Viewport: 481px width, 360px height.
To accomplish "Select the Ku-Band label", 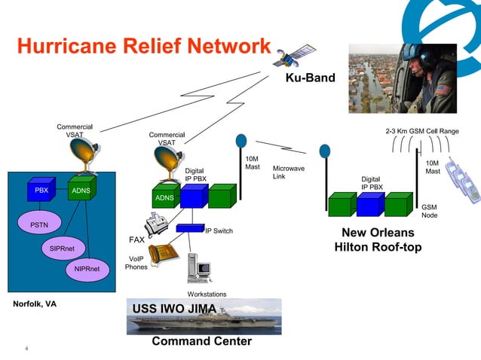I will [x=309, y=78].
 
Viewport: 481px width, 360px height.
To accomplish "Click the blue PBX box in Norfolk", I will [x=41, y=191].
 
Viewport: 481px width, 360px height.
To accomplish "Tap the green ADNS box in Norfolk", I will [x=81, y=191].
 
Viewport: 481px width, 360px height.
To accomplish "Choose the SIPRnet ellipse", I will [x=61, y=248].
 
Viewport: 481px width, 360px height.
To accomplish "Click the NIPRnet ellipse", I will [x=86, y=267].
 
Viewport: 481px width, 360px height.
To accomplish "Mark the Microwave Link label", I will [x=289, y=172].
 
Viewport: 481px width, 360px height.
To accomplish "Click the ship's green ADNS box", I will [x=165, y=197].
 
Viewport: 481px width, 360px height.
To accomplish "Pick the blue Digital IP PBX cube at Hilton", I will [x=370, y=203].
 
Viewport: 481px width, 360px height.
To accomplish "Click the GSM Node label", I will [x=429, y=211].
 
